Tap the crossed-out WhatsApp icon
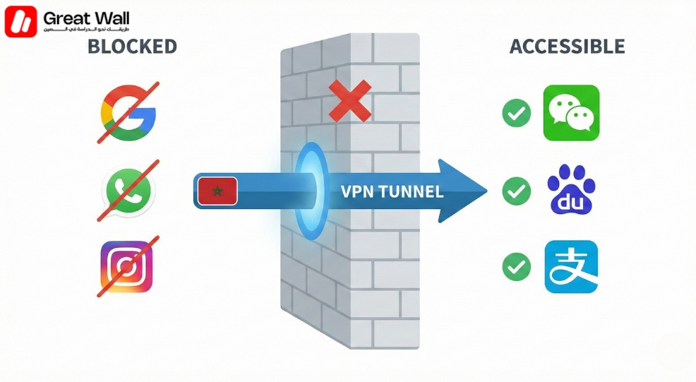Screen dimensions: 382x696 (x=128, y=190)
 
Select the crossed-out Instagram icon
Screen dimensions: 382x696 (x=127, y=268)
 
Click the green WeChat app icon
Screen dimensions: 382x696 (x=571, y=113)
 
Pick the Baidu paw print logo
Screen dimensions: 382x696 (x=571, y=190)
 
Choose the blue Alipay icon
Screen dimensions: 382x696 (x=571, y=267)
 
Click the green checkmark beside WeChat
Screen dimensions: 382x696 (x=517, y=114)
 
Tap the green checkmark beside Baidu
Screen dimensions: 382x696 (x=517, y=191)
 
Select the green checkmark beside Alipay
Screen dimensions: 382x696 (x=517, y=267)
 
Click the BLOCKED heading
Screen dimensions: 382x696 (x=131, y=47)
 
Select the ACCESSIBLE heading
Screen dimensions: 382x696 (x=567, y=47)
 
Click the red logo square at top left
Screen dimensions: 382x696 (x=20, y=21)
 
